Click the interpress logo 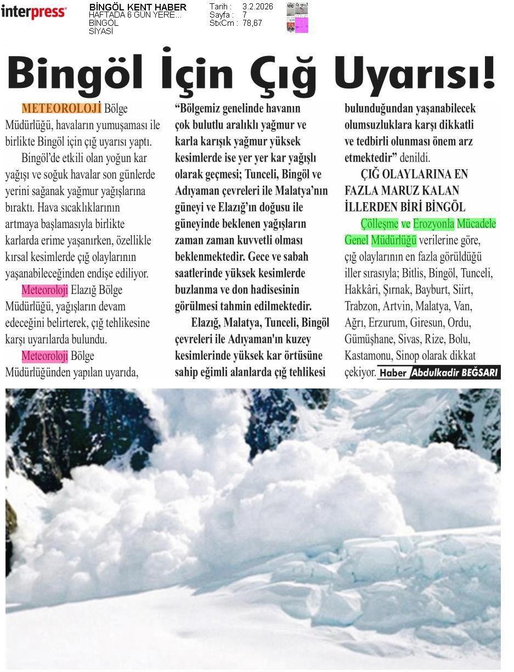click(x=33, y=12)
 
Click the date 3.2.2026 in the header click(x=257, y=7)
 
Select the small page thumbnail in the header click(x=297, y=18)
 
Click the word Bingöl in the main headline click(x=75, y=74)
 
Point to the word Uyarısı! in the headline click(x=414, y=74)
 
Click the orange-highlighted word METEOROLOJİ click(x=61, y=108)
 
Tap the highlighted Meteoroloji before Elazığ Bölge click(x=45, y=290)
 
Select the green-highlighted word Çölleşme click(x=379, y=224)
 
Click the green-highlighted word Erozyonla click(x=433, y=224)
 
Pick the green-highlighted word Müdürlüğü click(x=394, y=240)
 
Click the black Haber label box click(x=393, y=373)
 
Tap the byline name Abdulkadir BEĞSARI click(x=454, y=373)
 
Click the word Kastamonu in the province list click(x=369, y=356)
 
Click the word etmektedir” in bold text click(x=370, y=158)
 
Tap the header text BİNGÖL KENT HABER click(x=138, y=7)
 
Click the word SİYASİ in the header click(x=101, y=31)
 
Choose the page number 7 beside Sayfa click(x=245, y=15)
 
